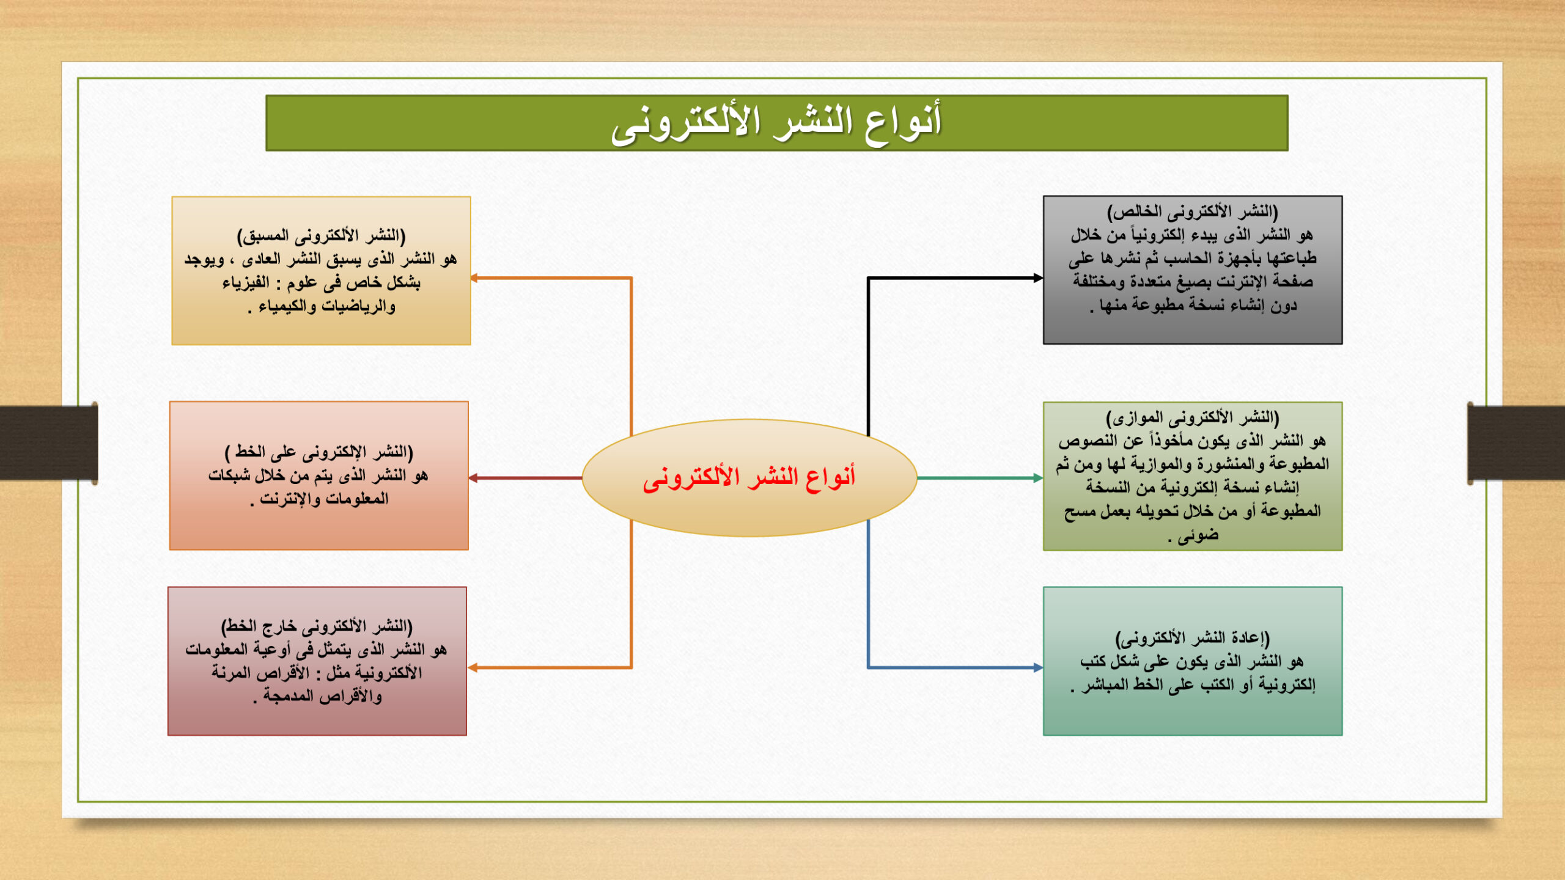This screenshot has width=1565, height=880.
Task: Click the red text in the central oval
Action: tap(749, 478)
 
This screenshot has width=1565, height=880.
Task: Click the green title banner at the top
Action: tap(776, 123)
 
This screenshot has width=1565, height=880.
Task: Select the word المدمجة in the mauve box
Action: tap(288, 696)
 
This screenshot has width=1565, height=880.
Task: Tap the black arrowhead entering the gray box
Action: tap(1038, 278)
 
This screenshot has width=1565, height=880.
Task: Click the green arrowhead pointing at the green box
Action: tap(1038, 478)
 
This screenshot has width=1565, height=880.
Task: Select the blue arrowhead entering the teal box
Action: tap(1038, 667)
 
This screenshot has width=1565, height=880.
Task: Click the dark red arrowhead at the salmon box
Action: tap(474, 478)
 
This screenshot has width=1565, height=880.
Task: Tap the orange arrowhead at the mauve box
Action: tap(473, 667)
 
